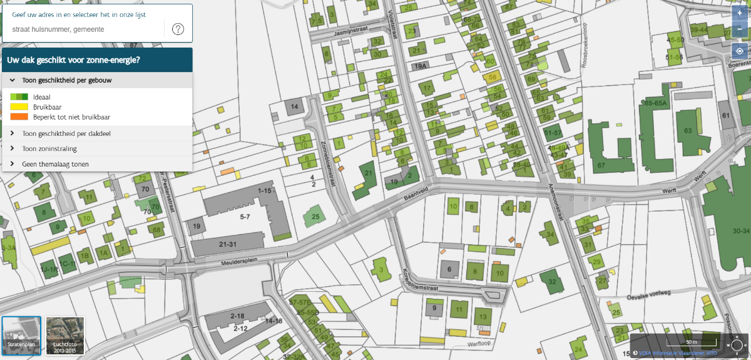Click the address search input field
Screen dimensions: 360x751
(x=84, y=29)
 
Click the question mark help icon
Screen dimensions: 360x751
(x=178, y=29)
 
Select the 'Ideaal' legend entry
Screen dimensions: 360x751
(x=41, y=97)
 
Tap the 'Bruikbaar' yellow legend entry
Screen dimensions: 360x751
(x=47, y=107)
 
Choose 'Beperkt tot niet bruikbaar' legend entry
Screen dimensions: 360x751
(x=72, y=117)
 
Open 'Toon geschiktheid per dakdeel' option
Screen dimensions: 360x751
(x=66, y=133)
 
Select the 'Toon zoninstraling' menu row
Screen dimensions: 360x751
(x=49, y=149)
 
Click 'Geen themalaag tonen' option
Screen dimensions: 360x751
(x=55, y=164)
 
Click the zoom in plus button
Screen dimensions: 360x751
(x=740, y=13)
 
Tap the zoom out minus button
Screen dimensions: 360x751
(x=740, y=29)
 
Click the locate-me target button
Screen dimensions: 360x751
(x=740, y=51)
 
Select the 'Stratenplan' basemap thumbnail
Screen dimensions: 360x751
(x=22, y=335)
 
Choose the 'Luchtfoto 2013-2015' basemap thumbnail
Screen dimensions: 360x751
(x=64, y=335)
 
